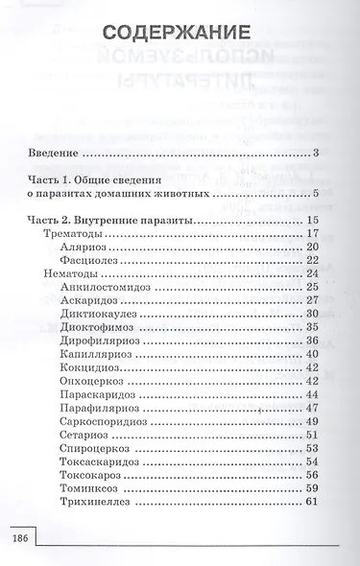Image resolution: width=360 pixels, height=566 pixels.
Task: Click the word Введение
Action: [53, 153]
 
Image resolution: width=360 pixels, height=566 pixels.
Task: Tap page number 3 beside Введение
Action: [315, 153]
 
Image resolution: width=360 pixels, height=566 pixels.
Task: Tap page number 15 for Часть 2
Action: [311, 220]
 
